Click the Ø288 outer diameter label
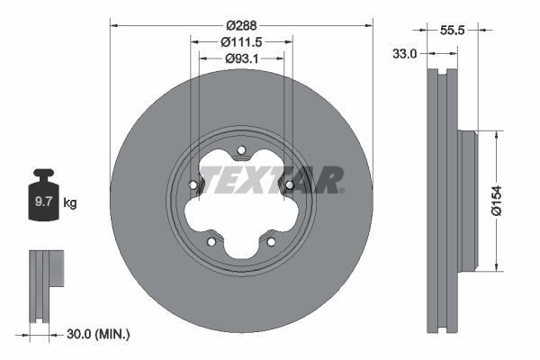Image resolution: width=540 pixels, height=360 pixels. tap(240, 13)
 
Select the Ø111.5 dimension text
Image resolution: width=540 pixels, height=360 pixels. tap(240, 42)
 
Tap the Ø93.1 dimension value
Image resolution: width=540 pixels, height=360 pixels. tap(240, 59)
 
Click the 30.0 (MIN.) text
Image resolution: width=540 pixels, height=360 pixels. tap(98, 335)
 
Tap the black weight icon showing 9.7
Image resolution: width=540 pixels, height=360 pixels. tap(44, 200)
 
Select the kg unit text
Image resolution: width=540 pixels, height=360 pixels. tap(70, 203)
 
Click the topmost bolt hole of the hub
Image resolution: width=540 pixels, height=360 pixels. tap(240, 150)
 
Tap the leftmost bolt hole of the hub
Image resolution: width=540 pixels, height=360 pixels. tap(193, 186)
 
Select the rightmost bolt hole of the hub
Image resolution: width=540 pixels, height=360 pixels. tap(289, 186)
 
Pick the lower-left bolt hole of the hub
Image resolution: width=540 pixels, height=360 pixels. tap(211, 241)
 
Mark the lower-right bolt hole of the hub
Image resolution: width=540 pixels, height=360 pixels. tap(271, 241)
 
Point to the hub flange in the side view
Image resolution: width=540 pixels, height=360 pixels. tap(467, 201)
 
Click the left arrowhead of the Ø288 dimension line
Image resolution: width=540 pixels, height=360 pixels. tap(113, 23)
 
